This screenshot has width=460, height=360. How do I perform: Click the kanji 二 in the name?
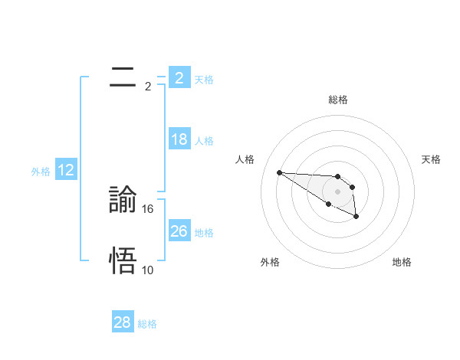click(123, 77)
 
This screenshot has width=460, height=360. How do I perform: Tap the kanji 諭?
click(123, 200)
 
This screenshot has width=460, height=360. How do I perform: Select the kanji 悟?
click(123, 261)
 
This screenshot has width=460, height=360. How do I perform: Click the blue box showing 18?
click(179, 139)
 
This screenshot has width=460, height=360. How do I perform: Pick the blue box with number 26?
click(179, 231)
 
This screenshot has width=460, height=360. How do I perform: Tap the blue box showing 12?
click(66, 170)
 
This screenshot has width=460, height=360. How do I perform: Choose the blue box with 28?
click(122, 322)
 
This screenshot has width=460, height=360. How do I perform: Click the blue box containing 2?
click(179, 78)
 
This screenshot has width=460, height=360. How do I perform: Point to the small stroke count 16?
click(149, 208)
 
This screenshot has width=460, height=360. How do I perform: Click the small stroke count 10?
click(148, 270)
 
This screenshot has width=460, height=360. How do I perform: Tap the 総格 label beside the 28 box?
click(147, 324)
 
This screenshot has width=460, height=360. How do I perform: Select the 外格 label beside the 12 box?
click(41, 172)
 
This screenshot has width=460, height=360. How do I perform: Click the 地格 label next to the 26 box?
click(204, 233)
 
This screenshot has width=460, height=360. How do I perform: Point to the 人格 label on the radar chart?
click(245, 159)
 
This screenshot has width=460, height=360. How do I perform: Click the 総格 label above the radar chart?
click(338, 100)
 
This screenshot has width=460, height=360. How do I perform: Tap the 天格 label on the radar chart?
click(432, 159)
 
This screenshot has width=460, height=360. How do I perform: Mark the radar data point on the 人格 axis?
click(279, 172)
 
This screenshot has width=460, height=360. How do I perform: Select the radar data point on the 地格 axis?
click(356, 218)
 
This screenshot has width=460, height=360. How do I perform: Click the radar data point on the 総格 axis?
click(338, 176)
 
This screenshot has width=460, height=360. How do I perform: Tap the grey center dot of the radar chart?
click(338, 191)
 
